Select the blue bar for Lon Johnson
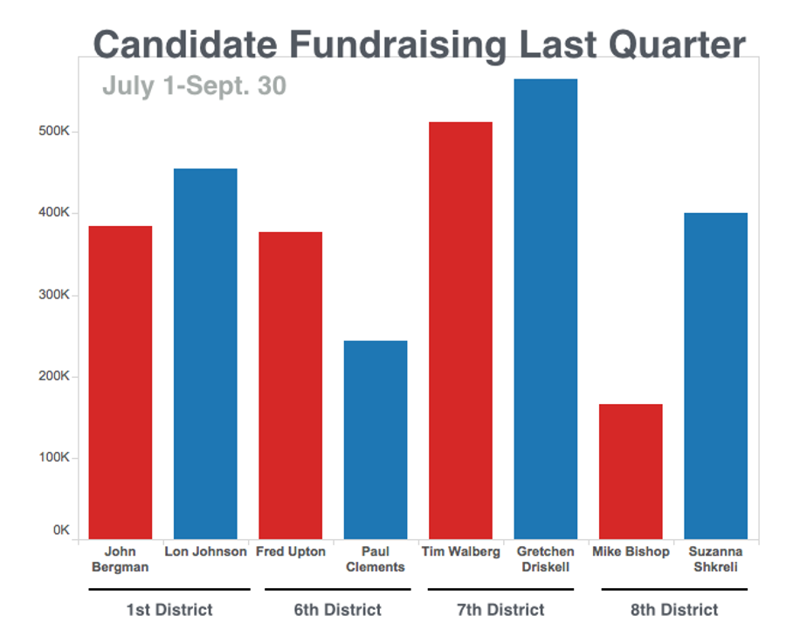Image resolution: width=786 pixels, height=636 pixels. (x=205, y=353)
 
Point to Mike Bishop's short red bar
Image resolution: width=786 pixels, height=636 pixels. (x=631, y=471)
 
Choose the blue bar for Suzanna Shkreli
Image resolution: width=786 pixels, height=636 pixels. (x=716, y=375)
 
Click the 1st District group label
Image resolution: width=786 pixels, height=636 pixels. (x=169, y=610)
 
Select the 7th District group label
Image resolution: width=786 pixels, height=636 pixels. (x=500, y=610)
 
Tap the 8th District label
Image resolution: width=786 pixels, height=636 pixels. (x=674, y=610)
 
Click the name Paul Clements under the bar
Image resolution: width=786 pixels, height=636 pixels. (x=376, y=559)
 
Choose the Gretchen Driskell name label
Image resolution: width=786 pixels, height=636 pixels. (x=546, y=559)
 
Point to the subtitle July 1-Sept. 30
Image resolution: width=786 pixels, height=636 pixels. (x=194, y=86)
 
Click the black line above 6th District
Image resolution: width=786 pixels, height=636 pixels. (x=337, y=590)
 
